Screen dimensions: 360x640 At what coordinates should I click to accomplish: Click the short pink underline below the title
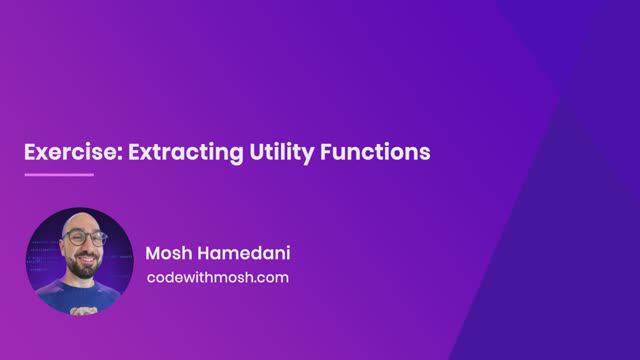[58, 175]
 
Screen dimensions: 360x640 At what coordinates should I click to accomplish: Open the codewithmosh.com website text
[217, 277]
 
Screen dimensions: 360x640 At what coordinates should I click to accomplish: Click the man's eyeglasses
[85, 239]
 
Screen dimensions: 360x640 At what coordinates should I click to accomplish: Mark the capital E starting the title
[31, 152]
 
